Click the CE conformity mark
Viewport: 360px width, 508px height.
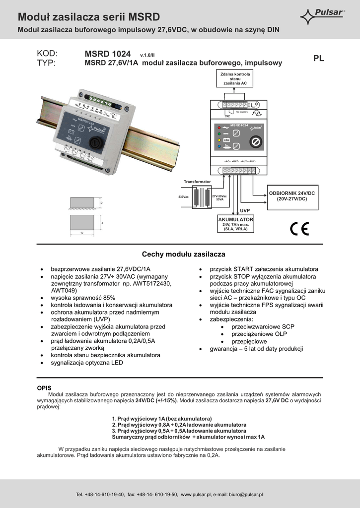tap(299, 228)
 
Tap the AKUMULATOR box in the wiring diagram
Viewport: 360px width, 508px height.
tap(236, 225)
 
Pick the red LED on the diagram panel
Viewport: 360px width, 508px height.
tap(219, 127)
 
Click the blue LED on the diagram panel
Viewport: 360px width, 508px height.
tap(219, 146)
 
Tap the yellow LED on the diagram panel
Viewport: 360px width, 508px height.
tap(219, 140)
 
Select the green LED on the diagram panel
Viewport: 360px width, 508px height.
tap(219, 133)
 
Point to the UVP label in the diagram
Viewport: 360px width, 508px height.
tap(245, 211)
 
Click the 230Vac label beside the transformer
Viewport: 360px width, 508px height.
tap(183, 197)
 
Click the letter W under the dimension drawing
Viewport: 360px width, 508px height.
tap(82, 233)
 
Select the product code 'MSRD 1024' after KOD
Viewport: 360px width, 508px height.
tap(108, 54)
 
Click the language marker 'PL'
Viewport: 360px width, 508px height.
tap(319, 58)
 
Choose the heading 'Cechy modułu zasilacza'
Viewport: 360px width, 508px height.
tap(184, 254)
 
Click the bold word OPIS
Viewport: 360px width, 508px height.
tap(44, 387)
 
